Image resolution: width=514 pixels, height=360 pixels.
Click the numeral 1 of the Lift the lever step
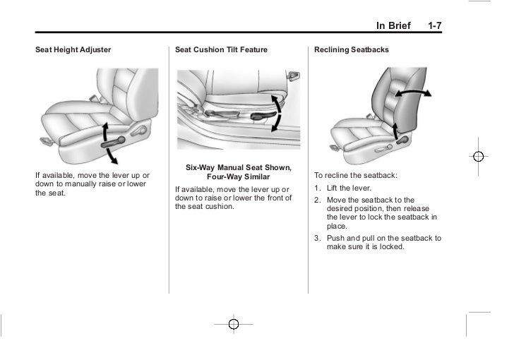pyautogui.click(x=317, y=188)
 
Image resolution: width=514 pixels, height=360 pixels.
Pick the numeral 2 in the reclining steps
pyautogui.click(x=317, y=200)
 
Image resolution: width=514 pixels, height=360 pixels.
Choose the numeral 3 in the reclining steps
pyautogui.click(x=317, y=239)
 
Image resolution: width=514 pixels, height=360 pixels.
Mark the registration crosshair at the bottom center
pyautogui.click(x=233, y=324)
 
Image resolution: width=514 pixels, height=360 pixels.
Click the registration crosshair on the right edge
pyautogui.click(x=478, y=156)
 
